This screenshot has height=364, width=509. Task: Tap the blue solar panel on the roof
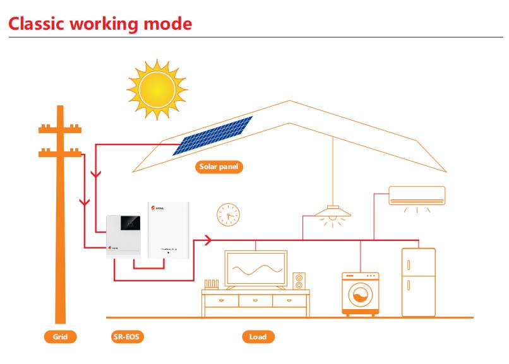(213, 135)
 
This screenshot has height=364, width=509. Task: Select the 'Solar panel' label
(218, 168)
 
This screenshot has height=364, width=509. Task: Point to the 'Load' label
(258, 337)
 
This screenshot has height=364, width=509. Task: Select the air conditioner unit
(417, 195)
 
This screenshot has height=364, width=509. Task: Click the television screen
(255, 269)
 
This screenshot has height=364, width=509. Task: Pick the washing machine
(360, 293)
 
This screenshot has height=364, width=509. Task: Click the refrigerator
(418, 281)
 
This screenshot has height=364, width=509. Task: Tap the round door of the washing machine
(360, 296)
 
